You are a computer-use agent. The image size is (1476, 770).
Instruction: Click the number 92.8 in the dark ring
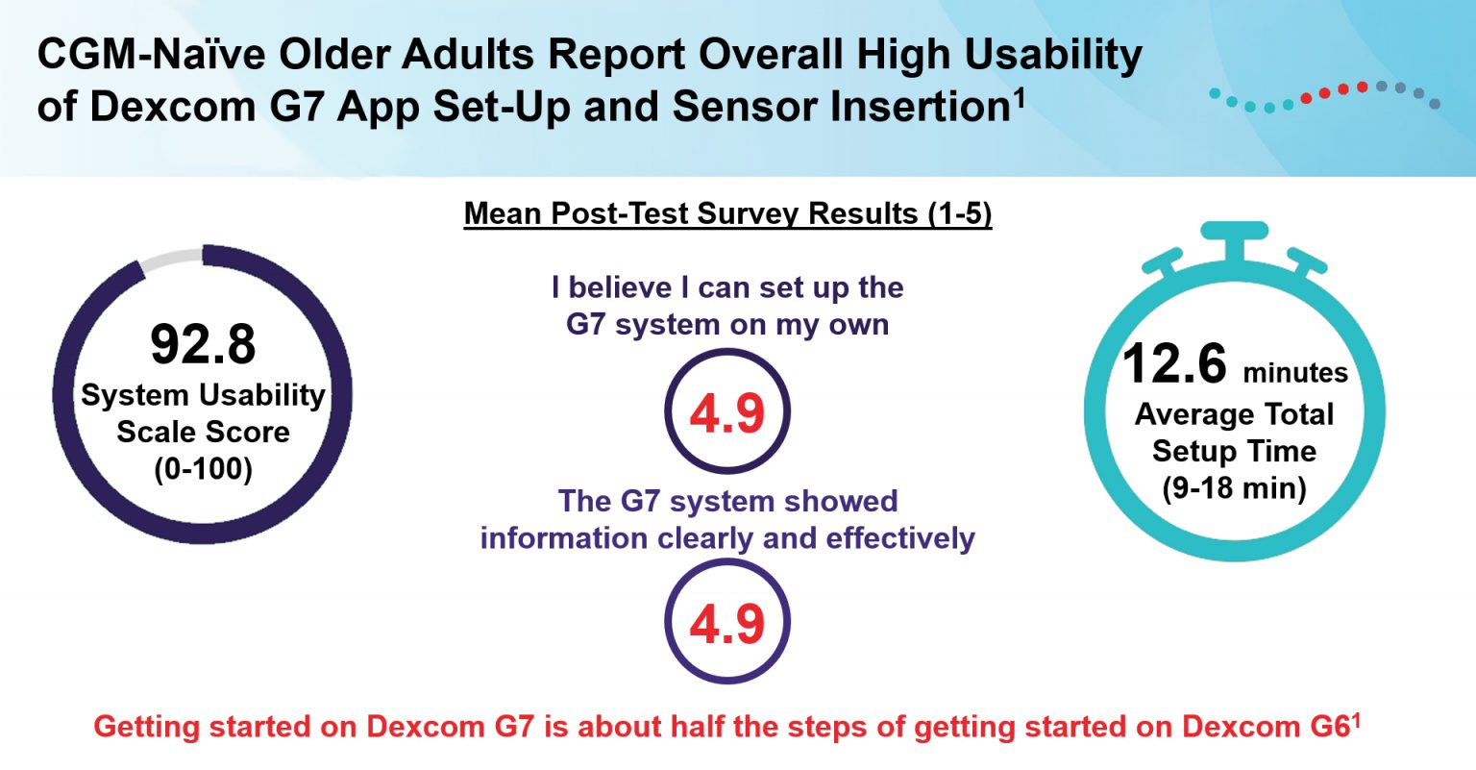(x=203, y=344)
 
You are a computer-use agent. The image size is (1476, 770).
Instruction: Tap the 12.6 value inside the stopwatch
(x=1174, y=364)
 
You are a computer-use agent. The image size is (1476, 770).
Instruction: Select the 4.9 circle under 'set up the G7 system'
(x=727, y=412)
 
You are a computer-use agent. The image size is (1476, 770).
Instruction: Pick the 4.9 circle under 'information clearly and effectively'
(x=727, y=623)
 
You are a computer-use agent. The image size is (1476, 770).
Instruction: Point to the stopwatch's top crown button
(x=1234, y=233)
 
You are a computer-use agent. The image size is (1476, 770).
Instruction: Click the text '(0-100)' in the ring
(x=203, y=469)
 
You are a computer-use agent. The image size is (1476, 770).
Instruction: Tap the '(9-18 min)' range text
(x=1234, y=488)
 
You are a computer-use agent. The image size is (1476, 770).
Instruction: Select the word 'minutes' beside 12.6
(x=1294, y=373)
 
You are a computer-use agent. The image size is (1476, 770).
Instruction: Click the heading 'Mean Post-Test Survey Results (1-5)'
(x=727, y=213)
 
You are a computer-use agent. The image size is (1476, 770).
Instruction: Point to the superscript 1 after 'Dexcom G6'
(x=1356, y=717)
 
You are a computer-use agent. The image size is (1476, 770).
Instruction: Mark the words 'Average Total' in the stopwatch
(x=1234, y=414)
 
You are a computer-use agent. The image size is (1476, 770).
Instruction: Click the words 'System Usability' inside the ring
(x=203, y=395)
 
